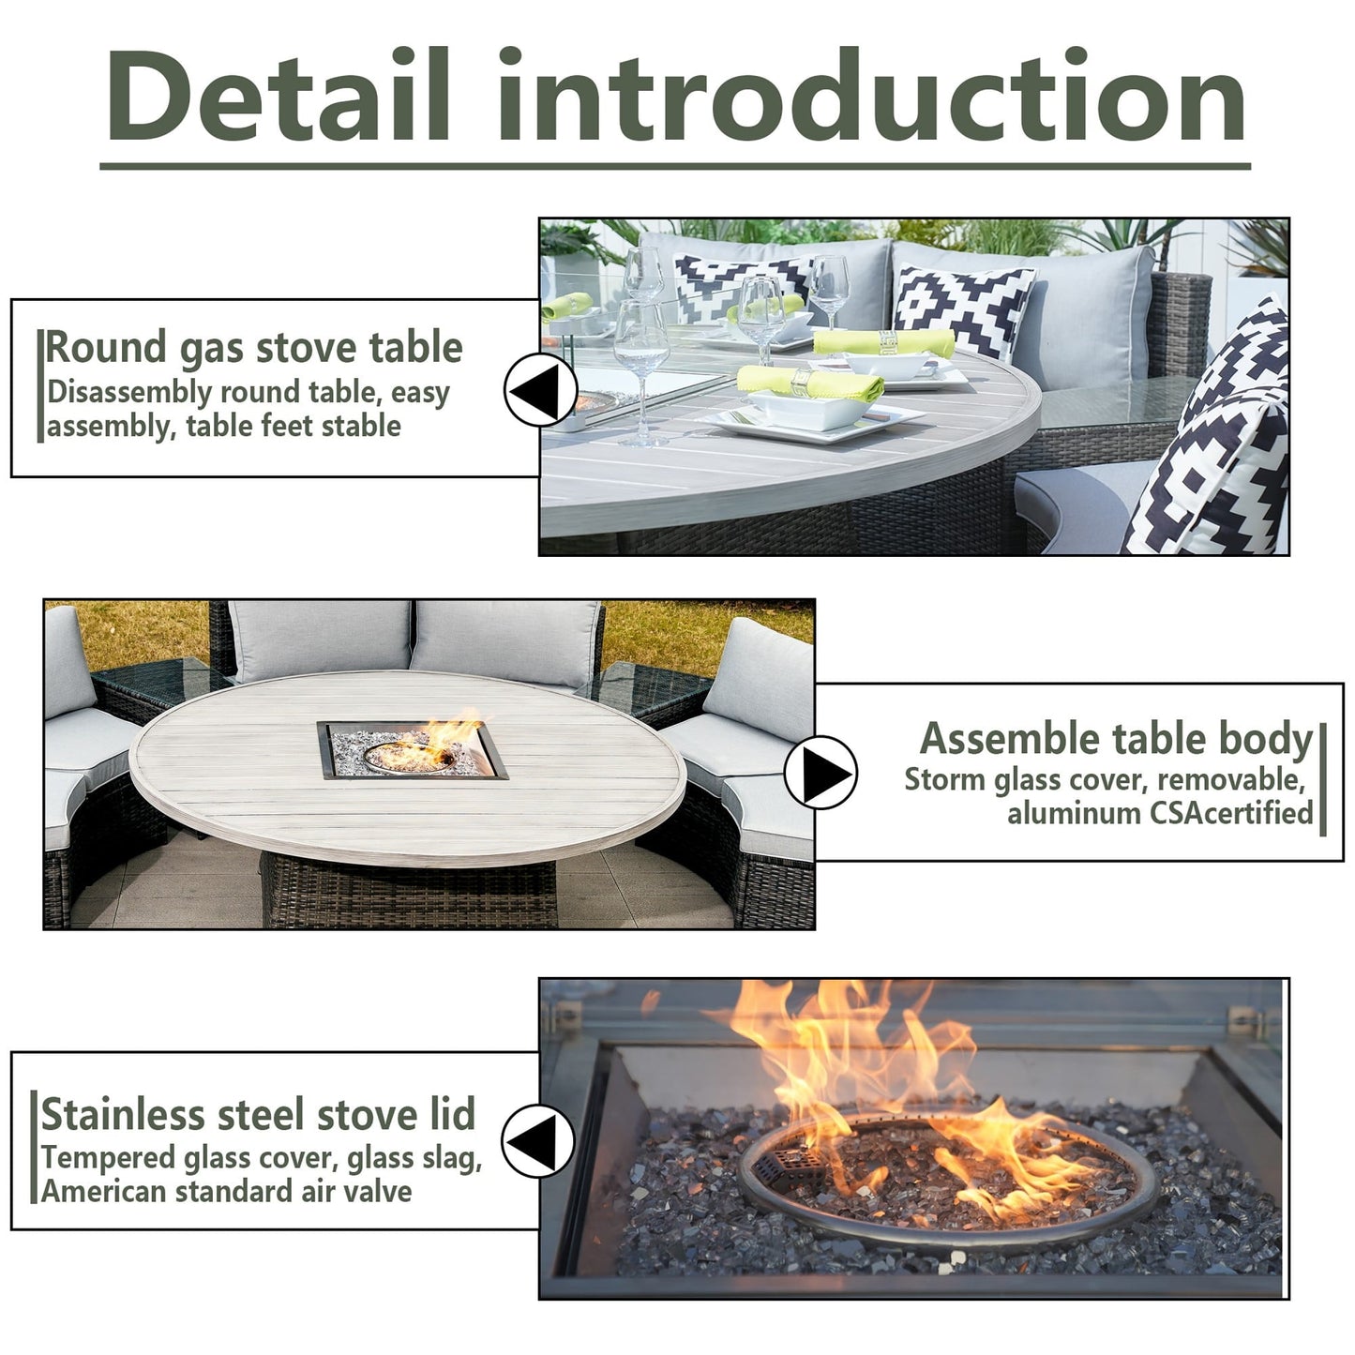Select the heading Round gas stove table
pyautogui.click(x=254, y=347)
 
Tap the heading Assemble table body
pyautogui.click(x=1116, y=739)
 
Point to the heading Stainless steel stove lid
pyautogui.click(x=258, y=1114)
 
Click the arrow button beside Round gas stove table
pyautogui.click(x=540, y=389)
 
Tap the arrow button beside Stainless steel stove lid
pyautogui.click(x=538, y=1140)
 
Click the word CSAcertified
pyautogui.click(x=1232, y=813)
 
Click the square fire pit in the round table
pyautogui.click(x=413, y=750)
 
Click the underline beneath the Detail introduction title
pyautogui.click(x=675, y=167)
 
